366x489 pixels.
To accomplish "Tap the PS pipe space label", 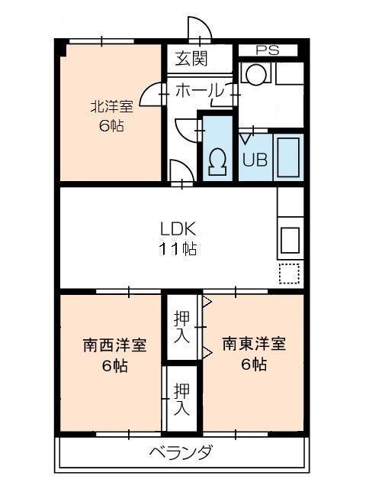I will click(x=266, y=50).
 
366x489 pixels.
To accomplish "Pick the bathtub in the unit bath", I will click(x=287, y=156).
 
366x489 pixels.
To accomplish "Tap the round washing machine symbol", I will click(x=255, y=75).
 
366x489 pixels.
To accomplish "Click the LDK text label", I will click(x=178, y=228).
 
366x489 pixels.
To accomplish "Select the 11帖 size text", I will click(x=178, y=248).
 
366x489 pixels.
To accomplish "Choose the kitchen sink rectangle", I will click(x=290, y=239).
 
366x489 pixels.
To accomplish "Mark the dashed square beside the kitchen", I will click(x=289, y=274).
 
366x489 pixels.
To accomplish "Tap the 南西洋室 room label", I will click(x=114, y=345).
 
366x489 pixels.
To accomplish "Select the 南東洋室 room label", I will click(x=254, y=344).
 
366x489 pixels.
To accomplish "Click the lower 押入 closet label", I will click(x=181, y=400).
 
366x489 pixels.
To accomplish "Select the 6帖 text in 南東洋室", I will click(x=254, y=364).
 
